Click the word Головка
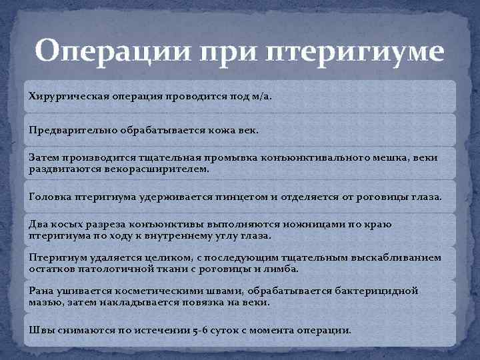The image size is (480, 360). (49, 197)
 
